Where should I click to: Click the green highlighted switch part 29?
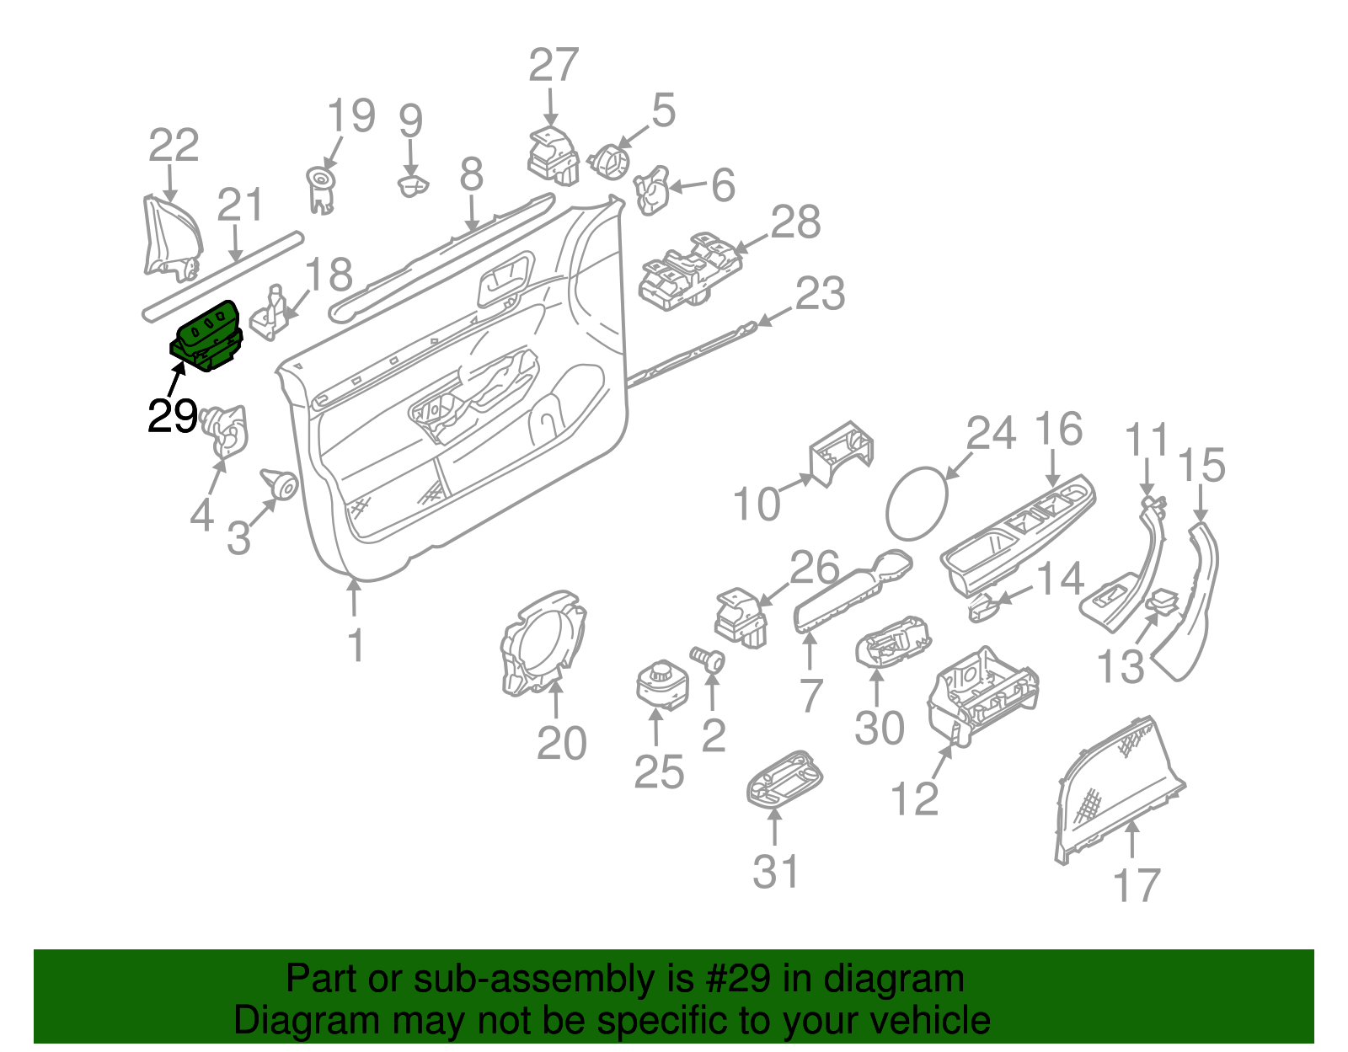(206, 338)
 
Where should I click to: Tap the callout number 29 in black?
(172, 417)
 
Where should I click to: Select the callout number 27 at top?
(554, 66)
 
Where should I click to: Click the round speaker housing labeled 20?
(542, 644)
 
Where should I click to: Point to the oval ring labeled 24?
(916, 502)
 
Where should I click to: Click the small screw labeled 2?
(709, 659)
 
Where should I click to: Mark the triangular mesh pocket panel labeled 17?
(1116, 788)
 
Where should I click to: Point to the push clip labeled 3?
(280, 485)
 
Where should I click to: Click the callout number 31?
(775, 872)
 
